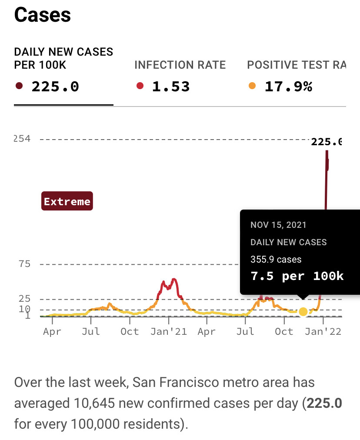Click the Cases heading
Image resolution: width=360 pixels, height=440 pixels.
(43, 16)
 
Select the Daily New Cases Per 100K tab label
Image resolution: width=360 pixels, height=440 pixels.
(63, 58)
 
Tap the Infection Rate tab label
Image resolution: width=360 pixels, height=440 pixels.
(180, 65)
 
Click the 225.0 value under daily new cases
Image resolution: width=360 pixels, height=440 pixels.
(55, 87)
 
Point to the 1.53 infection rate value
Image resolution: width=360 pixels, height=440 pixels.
(171, 87)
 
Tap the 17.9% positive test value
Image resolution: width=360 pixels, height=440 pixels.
(288, 87)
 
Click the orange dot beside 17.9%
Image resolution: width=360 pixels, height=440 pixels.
(252, 86)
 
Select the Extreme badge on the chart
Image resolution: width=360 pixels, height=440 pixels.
(67, 201)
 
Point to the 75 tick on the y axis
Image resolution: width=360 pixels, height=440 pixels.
(24, 264)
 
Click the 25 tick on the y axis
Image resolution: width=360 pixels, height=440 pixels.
(24, 299)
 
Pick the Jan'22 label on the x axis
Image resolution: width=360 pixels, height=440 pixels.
(323, 331)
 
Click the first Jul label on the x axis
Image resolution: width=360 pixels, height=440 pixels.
(91, 331)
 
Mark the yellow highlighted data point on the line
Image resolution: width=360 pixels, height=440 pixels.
(303, 311)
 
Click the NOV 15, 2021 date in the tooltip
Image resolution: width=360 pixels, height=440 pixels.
(278, 225)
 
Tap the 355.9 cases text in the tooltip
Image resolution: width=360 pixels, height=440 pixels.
(276, 260)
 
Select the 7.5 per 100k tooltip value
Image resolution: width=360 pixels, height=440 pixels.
(297, 276)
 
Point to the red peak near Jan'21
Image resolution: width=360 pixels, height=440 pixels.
(174, 279)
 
